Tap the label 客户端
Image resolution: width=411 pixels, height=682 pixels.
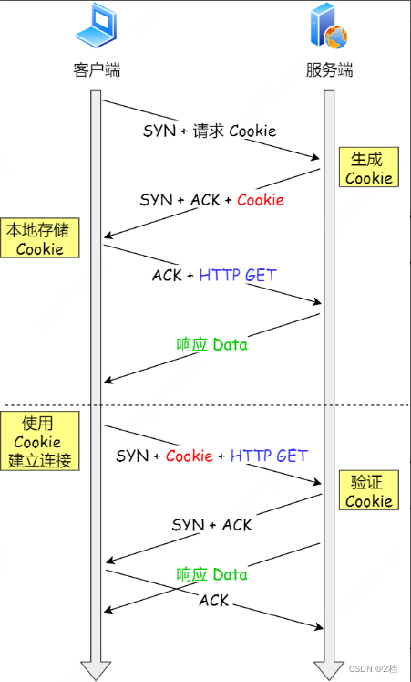[x=96, y=70]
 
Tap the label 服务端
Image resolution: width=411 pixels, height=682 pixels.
[x=329, y=70]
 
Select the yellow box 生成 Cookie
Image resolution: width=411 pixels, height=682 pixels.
[x=368, y=168]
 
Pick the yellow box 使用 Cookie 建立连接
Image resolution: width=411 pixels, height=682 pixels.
[x=39, y=441]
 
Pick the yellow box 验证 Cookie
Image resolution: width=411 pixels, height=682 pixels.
[x=368, y=490]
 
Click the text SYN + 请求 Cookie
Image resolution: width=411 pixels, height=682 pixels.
[x=209, y=131]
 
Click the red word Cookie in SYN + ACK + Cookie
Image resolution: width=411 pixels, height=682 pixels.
[x=261, y=200]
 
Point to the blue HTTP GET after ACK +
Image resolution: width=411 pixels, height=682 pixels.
[x=238, y=275]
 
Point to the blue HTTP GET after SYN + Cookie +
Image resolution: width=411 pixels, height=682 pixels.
[x=269, y=456]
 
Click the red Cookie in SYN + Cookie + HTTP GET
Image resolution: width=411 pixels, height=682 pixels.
[x=190, y=456]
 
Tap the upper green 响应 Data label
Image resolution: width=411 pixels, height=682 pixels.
[x=211, y=345]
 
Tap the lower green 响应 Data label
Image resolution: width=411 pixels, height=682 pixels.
[x=211, y=574]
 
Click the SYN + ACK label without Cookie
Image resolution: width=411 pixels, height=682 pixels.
[x=211, y=525]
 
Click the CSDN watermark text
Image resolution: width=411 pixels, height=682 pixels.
[x=374, y=669]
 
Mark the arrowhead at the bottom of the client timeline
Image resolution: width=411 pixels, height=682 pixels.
[x=95, y=669]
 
